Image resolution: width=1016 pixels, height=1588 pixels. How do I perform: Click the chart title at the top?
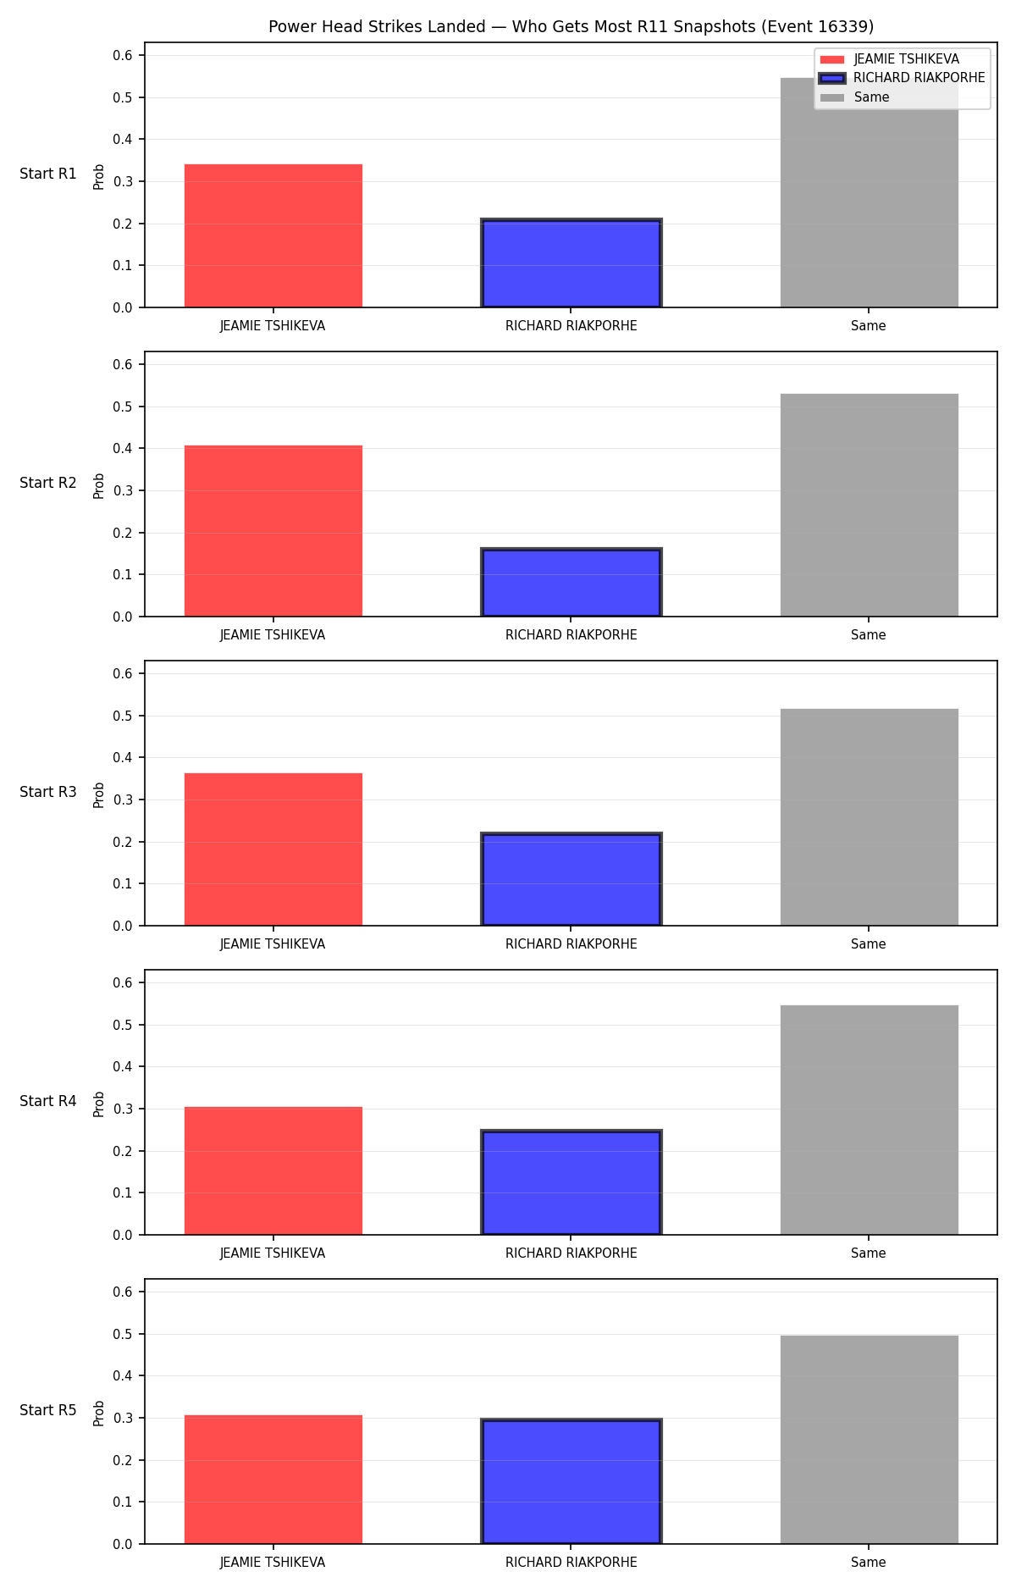coord(571,27)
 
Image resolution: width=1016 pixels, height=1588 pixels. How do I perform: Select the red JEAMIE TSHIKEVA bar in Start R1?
coord(273,235)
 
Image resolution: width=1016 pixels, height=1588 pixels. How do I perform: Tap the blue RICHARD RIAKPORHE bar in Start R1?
coord(571,263)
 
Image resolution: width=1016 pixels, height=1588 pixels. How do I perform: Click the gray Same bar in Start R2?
coord(869,505)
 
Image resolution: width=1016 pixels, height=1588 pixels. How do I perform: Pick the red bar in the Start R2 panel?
coord(273,531)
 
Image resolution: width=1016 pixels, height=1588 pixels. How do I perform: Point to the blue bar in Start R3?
coord(571,879)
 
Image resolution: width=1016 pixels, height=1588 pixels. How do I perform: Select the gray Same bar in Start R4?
coord(869,1120)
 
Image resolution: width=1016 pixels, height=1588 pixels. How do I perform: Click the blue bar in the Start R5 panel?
coord(571,1481)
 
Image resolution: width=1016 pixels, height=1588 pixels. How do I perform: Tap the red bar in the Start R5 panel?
coord(273,1480)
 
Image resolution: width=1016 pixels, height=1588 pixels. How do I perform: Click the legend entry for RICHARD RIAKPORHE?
coord(903,78)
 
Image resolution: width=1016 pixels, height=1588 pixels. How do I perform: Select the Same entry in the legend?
coord(855,97)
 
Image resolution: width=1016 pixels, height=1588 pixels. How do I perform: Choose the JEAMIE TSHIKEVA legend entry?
coord(890,59)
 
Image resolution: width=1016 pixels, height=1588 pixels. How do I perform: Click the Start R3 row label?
coord(48,792)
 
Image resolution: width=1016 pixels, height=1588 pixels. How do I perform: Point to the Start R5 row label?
coord(48,1410)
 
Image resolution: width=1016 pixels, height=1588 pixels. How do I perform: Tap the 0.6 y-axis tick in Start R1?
coord(124,56)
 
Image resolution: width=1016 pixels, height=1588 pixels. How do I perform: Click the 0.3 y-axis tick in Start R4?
coord(124,1109)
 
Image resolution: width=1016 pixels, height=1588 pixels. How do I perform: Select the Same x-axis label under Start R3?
coord(869,944)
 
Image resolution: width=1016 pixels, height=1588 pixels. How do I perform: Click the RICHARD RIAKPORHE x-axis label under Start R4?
coord(571,1253)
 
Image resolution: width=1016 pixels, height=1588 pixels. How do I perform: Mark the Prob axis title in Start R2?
coord(99,485)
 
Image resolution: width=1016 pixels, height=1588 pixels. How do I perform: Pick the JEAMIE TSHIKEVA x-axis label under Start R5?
coord(273,1563)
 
